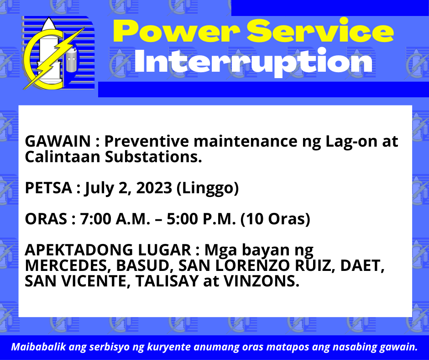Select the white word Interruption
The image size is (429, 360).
click(x=253, y=63)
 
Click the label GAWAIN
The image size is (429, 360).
click(x=58, y=141)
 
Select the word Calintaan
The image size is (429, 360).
click(x=63, y=157)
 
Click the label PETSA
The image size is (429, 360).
click(x=48, y=188)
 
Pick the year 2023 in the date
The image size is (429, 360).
click(x=154, y=188)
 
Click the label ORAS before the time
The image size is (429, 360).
click(x=46, y=219)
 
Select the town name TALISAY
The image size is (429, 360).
click(x=167, y=281)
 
